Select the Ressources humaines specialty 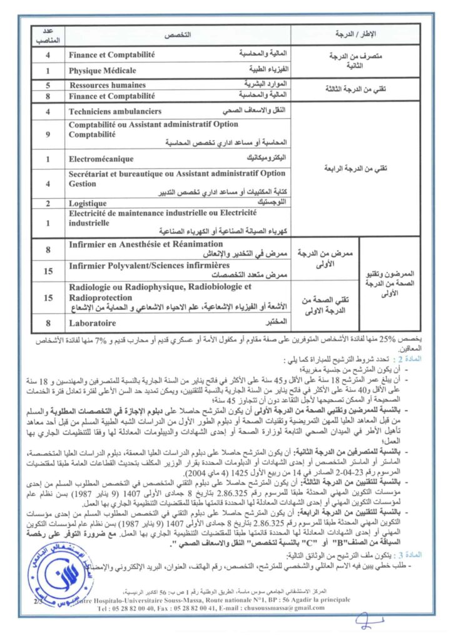click(x=108, y=85)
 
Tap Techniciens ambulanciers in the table click(x=115, y=111)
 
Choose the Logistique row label click(x=88, y=203)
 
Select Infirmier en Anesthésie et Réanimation click(x=145, y=243)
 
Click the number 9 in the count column click(x=48, y=133)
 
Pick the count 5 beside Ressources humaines click(x=48, y=85)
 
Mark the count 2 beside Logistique click(x=48, y=203)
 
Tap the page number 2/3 click(x=36, y=601)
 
